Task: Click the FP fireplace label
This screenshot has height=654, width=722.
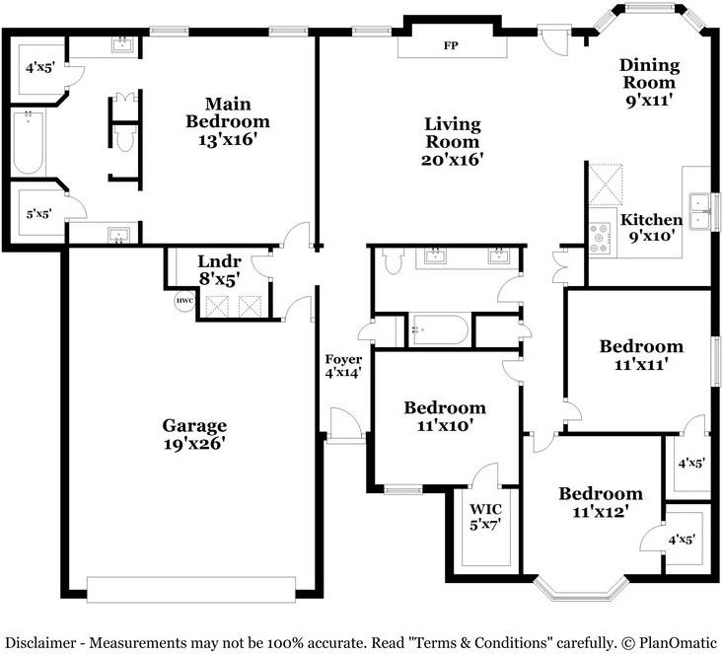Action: pyautogui.click(x=451, y=46)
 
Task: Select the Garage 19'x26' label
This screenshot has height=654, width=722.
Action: pyautogui.click(x=194, y=435)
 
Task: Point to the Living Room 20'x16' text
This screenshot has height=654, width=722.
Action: pyautogui.click(x=453, y=141)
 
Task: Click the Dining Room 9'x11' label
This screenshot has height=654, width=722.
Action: pyautogui.click(x=649, y=83)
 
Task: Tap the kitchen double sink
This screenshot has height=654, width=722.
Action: pyautogui.click(x=700, y=210)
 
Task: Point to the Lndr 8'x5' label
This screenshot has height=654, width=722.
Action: pyautogui.click(x=219, y=269)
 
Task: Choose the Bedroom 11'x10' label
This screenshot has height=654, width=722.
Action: pyautogui.click(x=445, y=416)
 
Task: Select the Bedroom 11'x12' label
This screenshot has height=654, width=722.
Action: pyautogui.click(x=601, y=502)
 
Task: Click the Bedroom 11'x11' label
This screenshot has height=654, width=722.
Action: pyautogui.click(x=641, y=355)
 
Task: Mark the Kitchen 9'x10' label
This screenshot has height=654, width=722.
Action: pyautogui.click(x=650, y=228)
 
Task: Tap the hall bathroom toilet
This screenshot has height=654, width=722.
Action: pyautogui.click(x=393, y=260)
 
